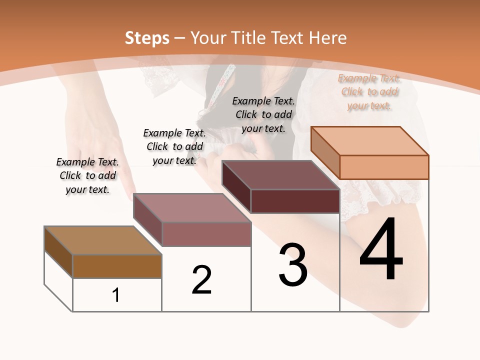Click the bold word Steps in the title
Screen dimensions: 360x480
147,38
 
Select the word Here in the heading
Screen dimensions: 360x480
328,38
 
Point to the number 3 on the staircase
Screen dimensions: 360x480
293,265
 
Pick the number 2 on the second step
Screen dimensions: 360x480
201,280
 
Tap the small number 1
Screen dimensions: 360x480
116,295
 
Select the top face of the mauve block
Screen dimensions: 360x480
192,208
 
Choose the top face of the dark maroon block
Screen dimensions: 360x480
280,175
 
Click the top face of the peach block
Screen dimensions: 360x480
369,141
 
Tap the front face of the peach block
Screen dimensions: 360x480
384,167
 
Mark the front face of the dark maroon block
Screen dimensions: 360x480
295,201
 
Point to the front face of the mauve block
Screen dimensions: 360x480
206,234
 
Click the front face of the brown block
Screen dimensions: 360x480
117,266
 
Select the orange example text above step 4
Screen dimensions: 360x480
369,91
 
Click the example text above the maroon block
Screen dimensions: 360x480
263,114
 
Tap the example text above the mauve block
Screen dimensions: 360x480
174,146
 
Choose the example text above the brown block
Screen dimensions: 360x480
87,175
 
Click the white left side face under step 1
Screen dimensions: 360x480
58,280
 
